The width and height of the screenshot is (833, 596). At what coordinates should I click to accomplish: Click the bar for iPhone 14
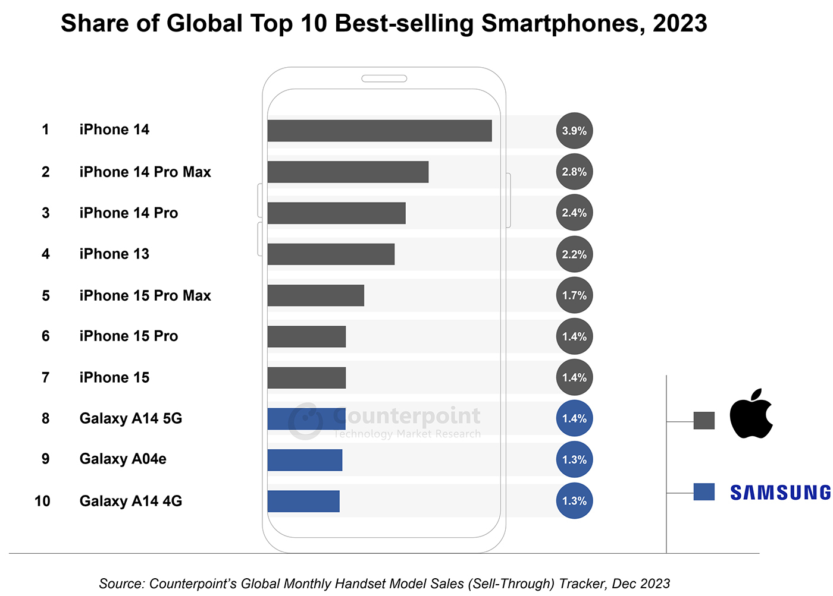(379, 131)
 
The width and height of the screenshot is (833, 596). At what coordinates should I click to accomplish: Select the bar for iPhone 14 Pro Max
(347, 172)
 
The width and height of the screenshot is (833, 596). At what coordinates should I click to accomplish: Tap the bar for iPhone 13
(331, 254)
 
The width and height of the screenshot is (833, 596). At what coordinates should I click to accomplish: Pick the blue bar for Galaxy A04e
(305, 460)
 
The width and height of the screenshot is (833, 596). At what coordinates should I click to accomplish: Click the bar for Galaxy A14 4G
(303, 501)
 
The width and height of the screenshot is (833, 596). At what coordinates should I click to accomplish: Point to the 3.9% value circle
(574, 131)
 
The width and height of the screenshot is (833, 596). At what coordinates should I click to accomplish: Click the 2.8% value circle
(574, 172)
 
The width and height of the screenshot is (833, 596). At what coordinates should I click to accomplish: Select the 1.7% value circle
(574, 295)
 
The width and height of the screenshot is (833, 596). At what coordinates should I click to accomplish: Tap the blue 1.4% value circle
(574, 418)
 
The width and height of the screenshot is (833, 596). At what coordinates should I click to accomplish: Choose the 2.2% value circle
(574, 254)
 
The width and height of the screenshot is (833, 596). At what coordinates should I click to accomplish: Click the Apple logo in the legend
(751, 415)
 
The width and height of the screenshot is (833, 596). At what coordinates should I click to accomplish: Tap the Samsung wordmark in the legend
(780, 493)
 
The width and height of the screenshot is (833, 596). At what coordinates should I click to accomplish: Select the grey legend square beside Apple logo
(704, 421)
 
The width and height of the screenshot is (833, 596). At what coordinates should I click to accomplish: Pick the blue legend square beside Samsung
(704, 492)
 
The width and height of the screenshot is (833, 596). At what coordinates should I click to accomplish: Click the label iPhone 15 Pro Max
(145, 295)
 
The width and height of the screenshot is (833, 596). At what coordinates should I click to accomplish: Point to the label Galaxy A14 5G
(131, 418)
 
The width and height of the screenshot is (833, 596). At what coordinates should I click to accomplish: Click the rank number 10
(42, 501)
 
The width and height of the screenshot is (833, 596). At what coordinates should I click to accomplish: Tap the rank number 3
(46, 213)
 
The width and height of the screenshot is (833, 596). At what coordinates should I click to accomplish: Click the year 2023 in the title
(679, 23)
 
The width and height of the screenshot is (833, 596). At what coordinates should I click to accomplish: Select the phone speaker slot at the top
(384, 78)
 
